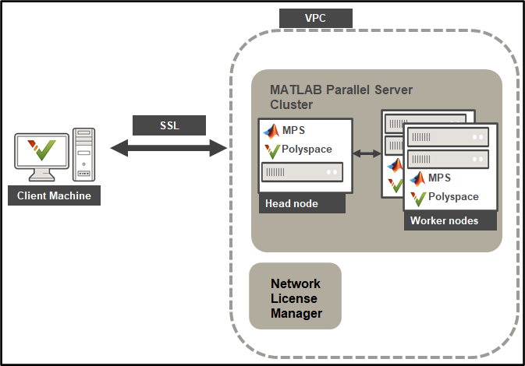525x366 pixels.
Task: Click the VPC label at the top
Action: tap(315, 18)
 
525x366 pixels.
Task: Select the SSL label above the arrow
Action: tap(169, 125)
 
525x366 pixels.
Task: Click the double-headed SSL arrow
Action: tap(169, 148)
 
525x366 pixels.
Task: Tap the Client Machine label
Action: tap(54, 195)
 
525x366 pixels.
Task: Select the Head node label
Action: tap(291, 204)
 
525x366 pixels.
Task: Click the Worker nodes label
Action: tap(443, 221)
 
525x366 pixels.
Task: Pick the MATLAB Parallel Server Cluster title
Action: tap(341, 97)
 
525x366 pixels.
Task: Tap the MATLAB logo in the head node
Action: tap(271, 130)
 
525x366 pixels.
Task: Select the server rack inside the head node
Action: tap(301, 171)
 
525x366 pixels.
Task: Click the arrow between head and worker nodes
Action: tap(366, 153)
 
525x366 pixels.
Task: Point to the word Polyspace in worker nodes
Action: tap(453, 197)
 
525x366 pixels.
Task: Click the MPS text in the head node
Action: tap(294, 130)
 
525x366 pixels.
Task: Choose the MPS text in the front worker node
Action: tap(439, 178)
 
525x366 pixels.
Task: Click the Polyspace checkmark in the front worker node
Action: tap(417, 197)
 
